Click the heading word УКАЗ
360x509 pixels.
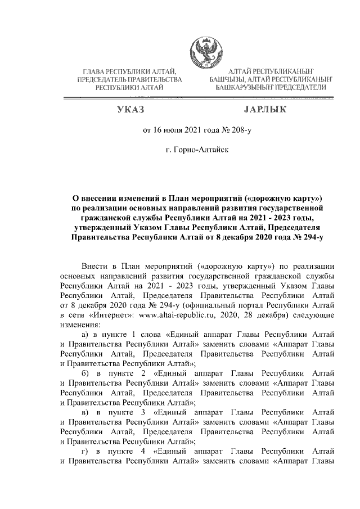coord(129,109)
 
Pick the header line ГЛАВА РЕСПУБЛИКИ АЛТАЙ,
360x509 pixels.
coord(130,73)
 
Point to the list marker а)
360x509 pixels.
coord(87,336)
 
